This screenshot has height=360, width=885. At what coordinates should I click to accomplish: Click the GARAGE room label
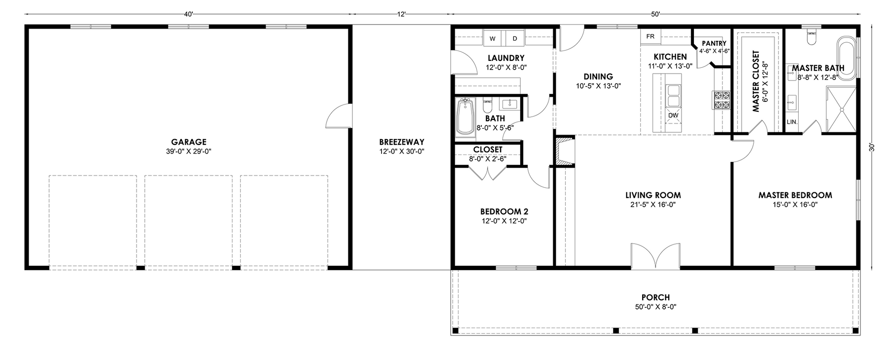click(189, 142)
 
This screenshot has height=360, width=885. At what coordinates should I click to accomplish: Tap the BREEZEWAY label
click(402, 142)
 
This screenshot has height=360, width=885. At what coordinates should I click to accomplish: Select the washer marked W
click(493, 38)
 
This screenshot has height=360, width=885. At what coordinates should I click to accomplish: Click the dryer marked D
click(515, 38)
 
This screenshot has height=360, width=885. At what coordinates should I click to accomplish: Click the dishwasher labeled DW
click(673, 115)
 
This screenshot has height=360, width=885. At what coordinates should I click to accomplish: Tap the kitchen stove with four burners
click(721, 100)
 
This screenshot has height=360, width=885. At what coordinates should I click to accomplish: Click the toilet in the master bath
click(810, 37)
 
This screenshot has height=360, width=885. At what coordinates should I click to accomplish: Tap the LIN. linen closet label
click(792, 122)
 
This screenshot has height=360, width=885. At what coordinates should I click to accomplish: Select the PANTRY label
click(714, 44)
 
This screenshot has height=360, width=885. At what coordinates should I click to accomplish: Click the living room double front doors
click(655, 255)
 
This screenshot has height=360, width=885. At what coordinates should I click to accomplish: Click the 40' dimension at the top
click(189, 14)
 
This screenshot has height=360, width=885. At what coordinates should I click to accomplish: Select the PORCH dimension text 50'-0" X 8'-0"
click(656, 307)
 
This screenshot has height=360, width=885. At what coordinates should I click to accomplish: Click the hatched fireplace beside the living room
click(563, 151)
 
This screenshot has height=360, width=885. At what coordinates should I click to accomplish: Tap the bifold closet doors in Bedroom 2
click(488, 174)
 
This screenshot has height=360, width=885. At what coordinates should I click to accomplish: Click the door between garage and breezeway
click(337, 116)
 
